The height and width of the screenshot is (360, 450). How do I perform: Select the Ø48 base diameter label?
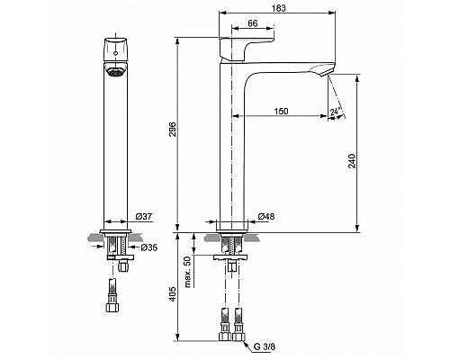(x=265, y=217)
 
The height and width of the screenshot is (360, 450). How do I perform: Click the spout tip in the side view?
(x=326, y=73)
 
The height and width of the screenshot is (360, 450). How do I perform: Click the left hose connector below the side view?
(x=221, y=323)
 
